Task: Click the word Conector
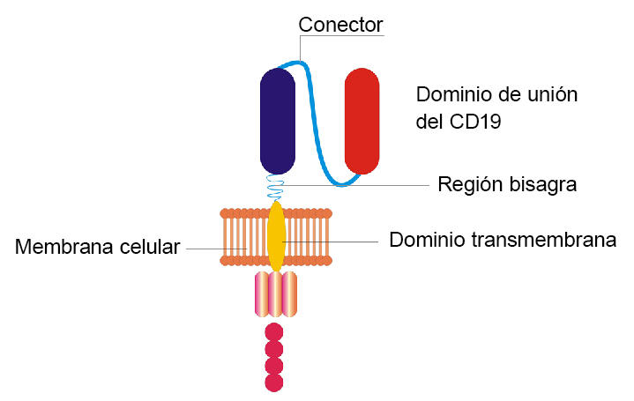click(x=340, y=24)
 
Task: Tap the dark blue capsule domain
click(x=278, y=121)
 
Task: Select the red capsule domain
click(x=362, y=121)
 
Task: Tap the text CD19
click(x=475, y=123)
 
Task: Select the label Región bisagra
click(x=507, y=185)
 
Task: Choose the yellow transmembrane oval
click(x=276, y=236)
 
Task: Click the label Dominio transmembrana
click(x=502, y=239)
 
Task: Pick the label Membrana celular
click(x=97, y=248)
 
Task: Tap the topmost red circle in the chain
click(x=274, y=331)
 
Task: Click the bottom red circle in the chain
click(x=274, y=382)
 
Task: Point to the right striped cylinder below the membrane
click(x=290, y=293)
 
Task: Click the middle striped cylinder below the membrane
click(x=276, y=293)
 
